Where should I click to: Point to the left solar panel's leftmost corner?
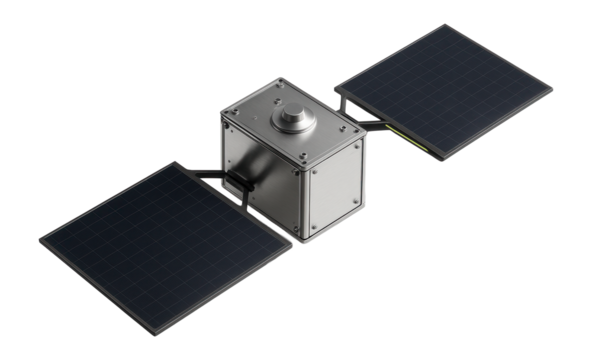(38, 241)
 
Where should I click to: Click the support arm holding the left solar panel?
(214, 176)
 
